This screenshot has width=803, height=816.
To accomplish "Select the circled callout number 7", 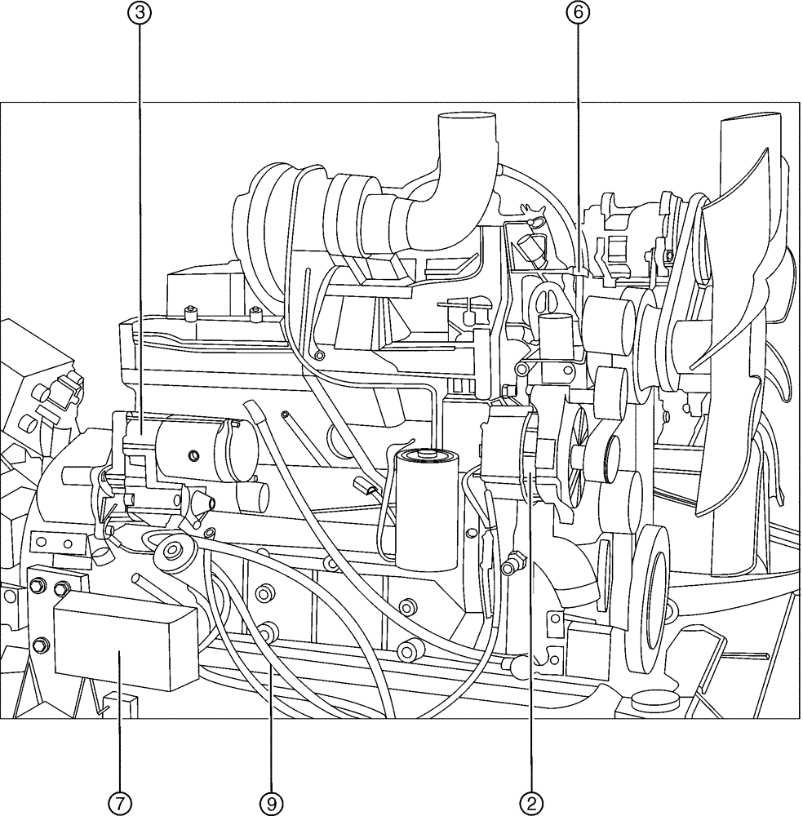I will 120,802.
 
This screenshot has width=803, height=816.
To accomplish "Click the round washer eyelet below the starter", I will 172,552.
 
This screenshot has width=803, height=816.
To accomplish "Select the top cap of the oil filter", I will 427,454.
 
